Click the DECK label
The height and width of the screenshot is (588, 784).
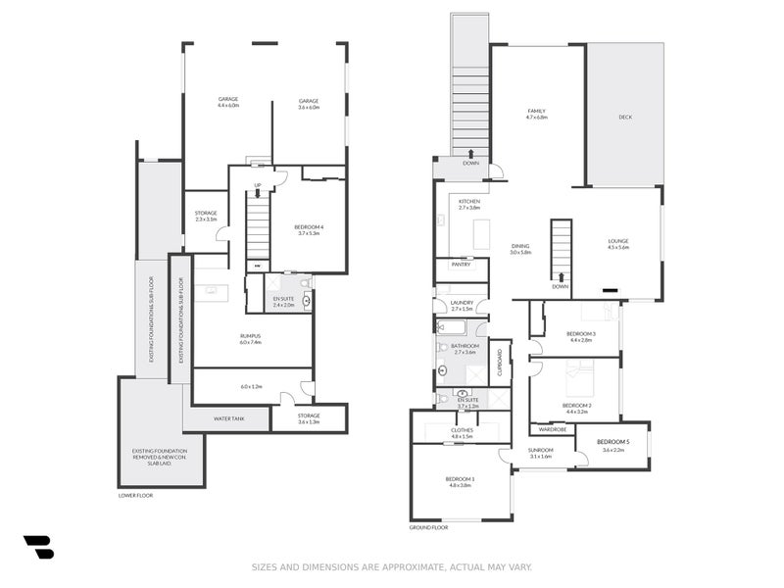click(625, 117)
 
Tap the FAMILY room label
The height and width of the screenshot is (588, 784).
click(536, 111)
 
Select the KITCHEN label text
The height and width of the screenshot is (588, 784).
click(469, 201)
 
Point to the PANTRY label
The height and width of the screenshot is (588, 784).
click(461, 264)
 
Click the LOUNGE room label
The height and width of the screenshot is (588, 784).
click(617, 241)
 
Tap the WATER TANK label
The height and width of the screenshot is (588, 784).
click(228, 418)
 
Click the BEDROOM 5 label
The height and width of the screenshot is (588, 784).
click(612, 442)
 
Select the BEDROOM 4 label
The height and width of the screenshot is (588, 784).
click(308, 227)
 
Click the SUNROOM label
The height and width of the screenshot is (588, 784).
click(541, 449)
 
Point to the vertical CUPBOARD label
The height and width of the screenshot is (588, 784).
click(500, 364)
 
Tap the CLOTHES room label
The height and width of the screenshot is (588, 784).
click(462, 429)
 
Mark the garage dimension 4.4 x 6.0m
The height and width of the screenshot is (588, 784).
click(228, 106)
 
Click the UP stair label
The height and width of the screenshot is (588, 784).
click(258, 184)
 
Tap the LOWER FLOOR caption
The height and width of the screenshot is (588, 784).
click(135, 495)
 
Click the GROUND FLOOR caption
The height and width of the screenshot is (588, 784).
click(428, 527)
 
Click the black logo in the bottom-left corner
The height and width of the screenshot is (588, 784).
click(39, 547)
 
